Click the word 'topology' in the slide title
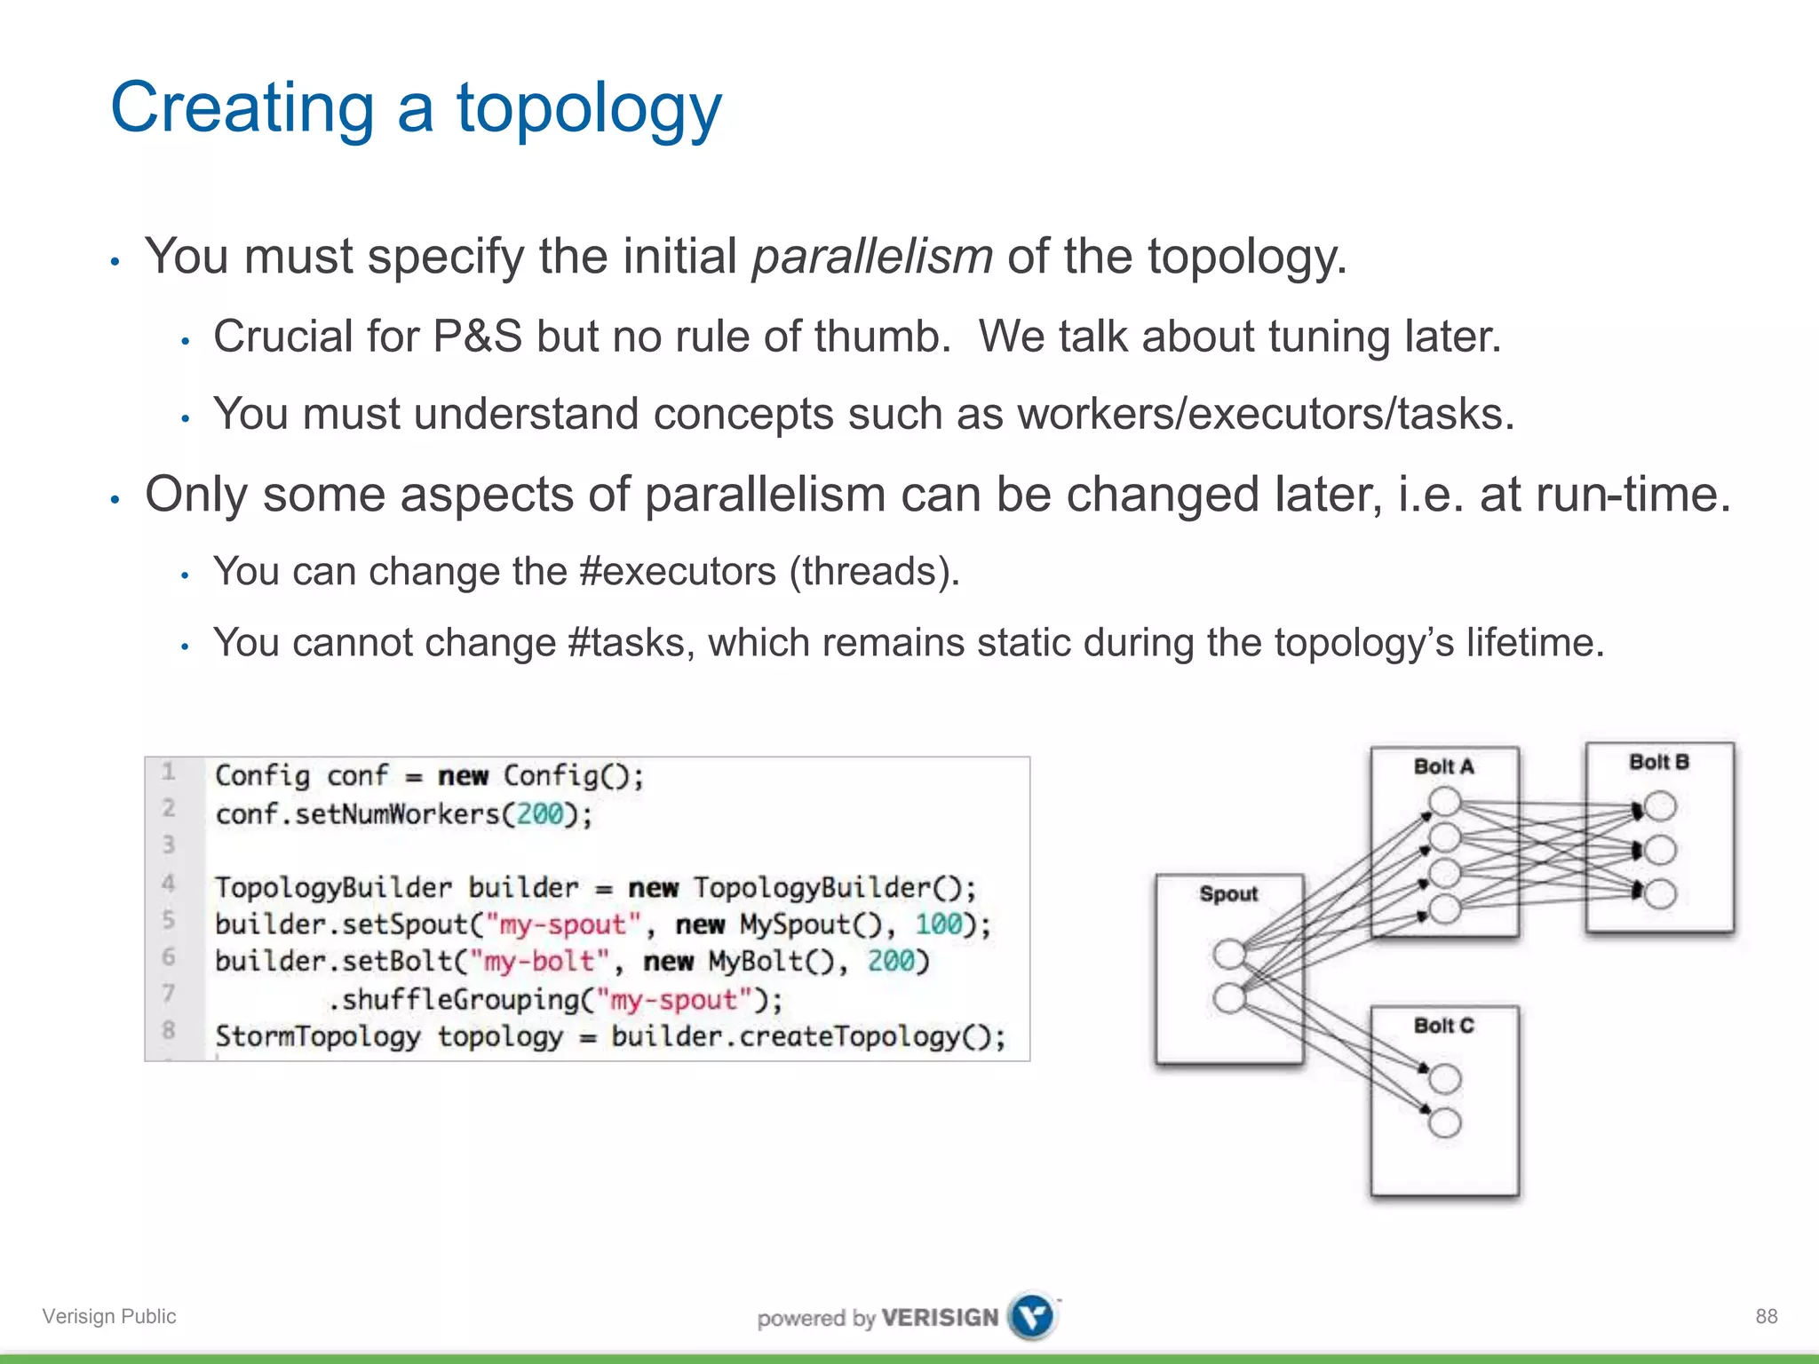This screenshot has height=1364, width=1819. tap(589, 108)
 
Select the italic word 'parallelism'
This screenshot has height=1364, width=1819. tap(872, 257)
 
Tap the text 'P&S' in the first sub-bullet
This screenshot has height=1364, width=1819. tap(477, 337)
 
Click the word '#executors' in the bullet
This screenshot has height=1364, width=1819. tap(677, 571)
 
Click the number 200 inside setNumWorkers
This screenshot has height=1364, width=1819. tap(540, 814)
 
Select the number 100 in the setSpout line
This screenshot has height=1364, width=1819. tap(939, 924)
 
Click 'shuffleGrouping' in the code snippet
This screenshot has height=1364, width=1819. tap(461, 1000)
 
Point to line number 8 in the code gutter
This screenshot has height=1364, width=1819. tap(168, 1030)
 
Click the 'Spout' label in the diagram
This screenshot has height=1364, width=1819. tap(1228, 894)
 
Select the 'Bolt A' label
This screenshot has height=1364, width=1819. tap(1443, 766)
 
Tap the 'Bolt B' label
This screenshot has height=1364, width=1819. tap(1658, 762)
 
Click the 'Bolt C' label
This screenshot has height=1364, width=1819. tap(1443, 1026)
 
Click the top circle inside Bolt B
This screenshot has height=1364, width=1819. tap(1660, 807)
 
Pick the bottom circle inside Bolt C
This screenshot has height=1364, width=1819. tap(1445, 1123)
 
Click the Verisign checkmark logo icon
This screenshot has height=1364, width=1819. tap(1033, 1316)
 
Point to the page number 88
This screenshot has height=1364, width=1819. tap(1766, 1316)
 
